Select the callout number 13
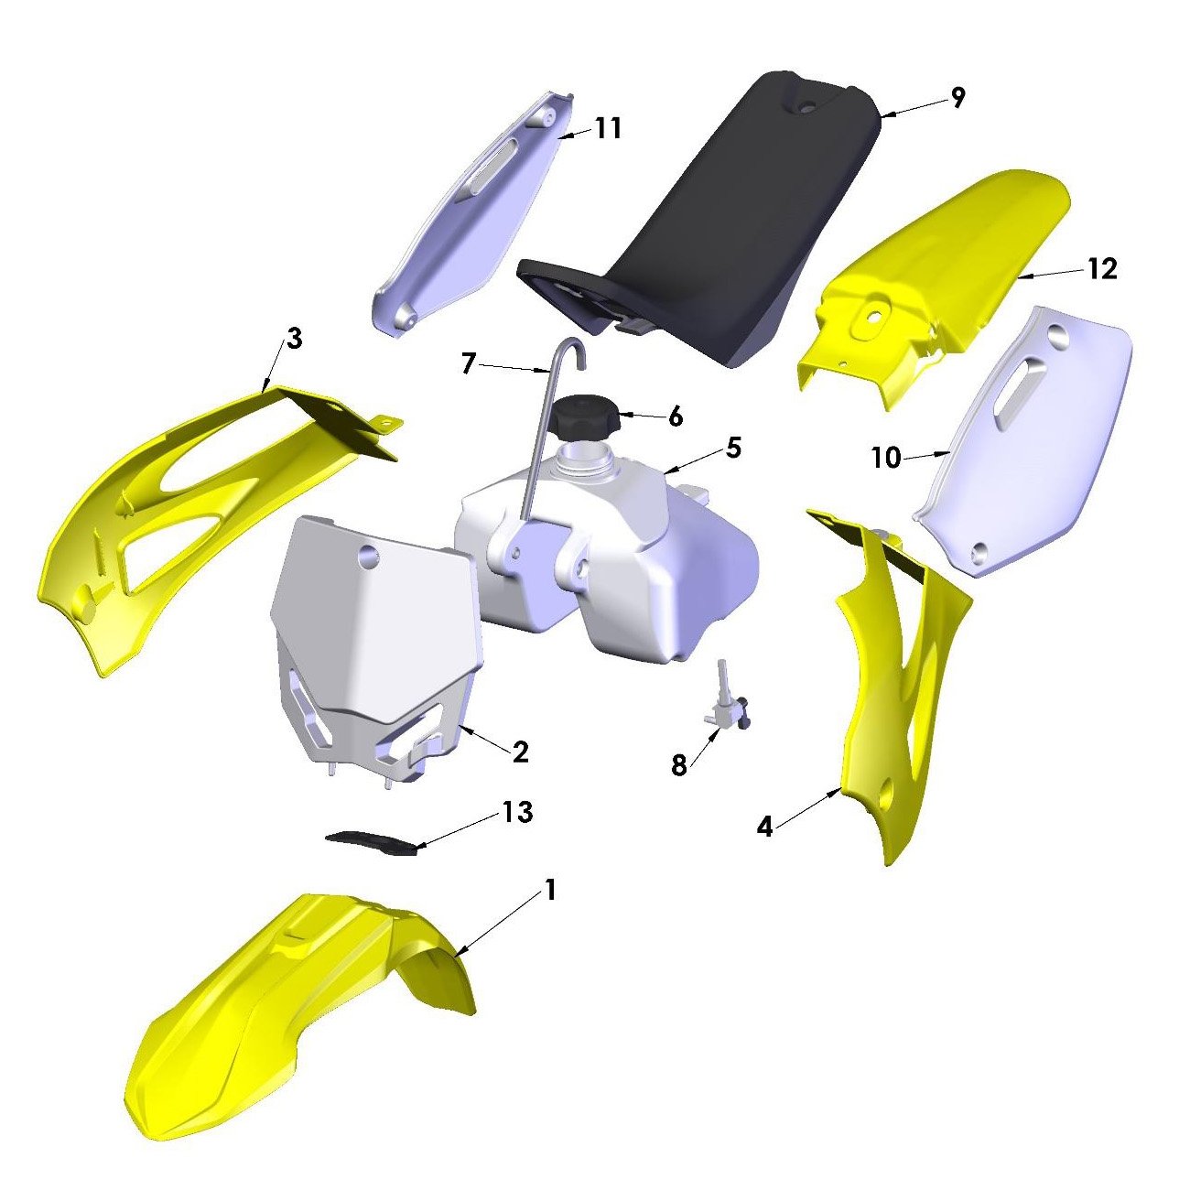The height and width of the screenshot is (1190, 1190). click(x=517, y=813)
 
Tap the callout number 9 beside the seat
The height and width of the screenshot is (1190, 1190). click(x=957, y=97)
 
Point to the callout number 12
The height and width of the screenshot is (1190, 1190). click(x=1102, y=268)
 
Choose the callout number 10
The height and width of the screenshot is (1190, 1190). click(x=887, y=459)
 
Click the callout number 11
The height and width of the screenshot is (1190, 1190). click(x=608, y=128)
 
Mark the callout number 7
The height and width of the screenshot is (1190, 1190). click(x=470, y=364)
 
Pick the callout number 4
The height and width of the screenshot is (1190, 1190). click(x=764, y=827)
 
